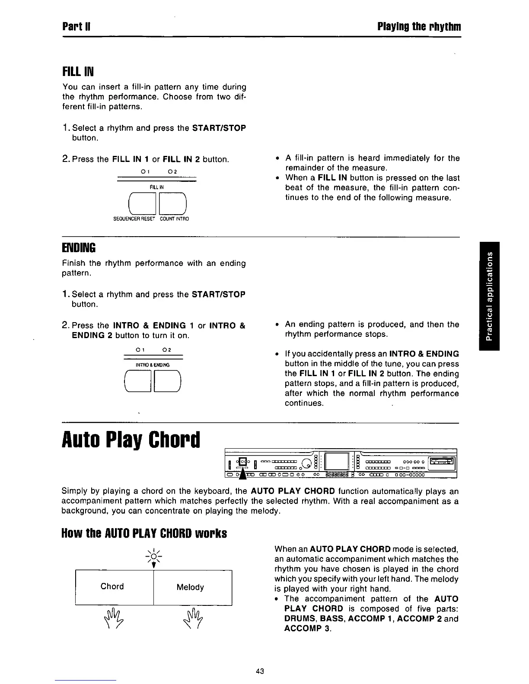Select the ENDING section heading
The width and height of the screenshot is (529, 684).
tap(79, 248)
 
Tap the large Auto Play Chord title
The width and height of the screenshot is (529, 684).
tap(131, 439)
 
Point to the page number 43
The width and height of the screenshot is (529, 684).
tap(260, 671)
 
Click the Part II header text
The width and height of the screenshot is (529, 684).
tap(76, 27)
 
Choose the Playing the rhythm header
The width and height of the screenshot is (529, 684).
tap(419, 27)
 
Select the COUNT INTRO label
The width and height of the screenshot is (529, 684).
tap(174, 219)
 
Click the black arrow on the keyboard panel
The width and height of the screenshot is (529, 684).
tap(243, 474)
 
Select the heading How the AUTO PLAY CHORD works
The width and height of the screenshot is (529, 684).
tap(144, 534)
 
